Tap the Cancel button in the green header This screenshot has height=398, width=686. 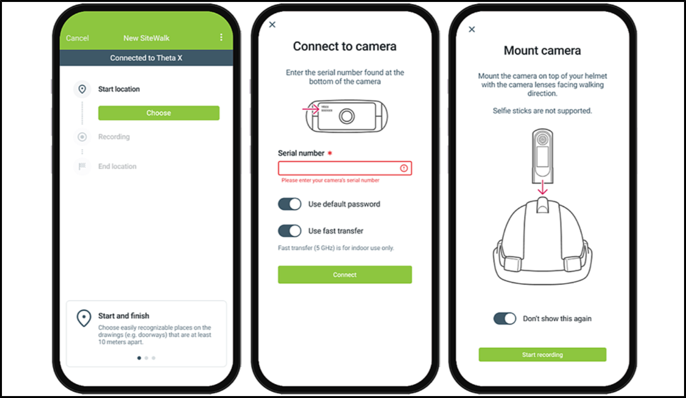(77, 38)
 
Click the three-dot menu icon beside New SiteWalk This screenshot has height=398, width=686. (221, 37)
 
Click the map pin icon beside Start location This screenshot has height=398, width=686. (82, 89)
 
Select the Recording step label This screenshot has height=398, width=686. (114, 137)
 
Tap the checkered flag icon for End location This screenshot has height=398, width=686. (82, 166)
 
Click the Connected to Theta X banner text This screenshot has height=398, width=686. (146, 58)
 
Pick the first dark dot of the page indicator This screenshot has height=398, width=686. (139, 358)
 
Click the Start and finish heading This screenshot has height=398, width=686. (124, 316)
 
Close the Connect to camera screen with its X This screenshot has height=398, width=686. (272, 24)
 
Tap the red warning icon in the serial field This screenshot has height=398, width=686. (404, 168)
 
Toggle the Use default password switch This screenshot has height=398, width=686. (290, 204)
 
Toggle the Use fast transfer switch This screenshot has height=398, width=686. (290, 231)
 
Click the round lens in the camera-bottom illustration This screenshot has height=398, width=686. (347, 116)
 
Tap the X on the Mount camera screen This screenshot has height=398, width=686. (472, 30)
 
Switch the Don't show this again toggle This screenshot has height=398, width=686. (505, 318)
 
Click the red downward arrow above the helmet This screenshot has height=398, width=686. (542, 187)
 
